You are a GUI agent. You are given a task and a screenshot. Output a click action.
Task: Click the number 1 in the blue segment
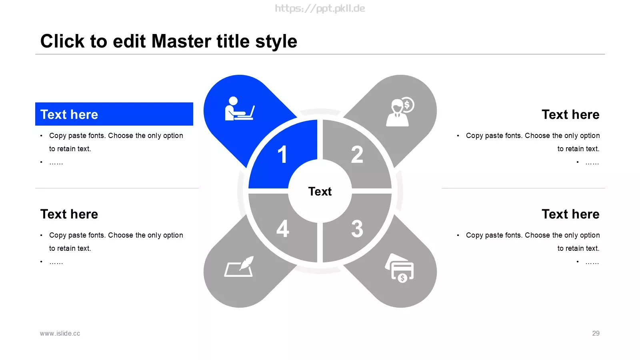(282, 154)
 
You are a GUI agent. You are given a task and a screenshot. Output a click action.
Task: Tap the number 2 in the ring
(357, 154)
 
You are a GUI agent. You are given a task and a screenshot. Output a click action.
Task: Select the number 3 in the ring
(357, 228)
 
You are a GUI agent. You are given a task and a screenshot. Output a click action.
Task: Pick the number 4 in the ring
(282, 228)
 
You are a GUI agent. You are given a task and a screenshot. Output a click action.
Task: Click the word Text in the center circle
(320, 192)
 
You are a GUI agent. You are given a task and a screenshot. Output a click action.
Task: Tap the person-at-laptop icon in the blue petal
(240, 108)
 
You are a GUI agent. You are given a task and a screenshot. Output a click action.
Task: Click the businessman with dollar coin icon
(400, 112)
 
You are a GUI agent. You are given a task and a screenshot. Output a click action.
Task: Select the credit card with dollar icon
(400, 268)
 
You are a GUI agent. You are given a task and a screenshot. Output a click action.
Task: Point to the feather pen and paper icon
(239, 266)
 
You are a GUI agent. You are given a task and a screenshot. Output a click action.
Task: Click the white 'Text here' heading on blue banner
(69, 114)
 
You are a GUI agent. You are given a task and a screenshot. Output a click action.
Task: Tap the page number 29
(596, 334)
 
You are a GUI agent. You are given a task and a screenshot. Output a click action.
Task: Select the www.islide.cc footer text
(60, 334)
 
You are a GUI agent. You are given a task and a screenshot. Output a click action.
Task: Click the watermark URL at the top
(320, 8)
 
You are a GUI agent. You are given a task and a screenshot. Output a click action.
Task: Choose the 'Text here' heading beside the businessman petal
(570, 114)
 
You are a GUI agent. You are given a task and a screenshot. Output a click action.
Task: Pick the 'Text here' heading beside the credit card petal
(570, 214)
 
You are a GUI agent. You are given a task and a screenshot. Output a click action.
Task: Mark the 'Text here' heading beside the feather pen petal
(69, 214)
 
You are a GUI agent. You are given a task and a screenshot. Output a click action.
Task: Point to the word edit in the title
(129, 41)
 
